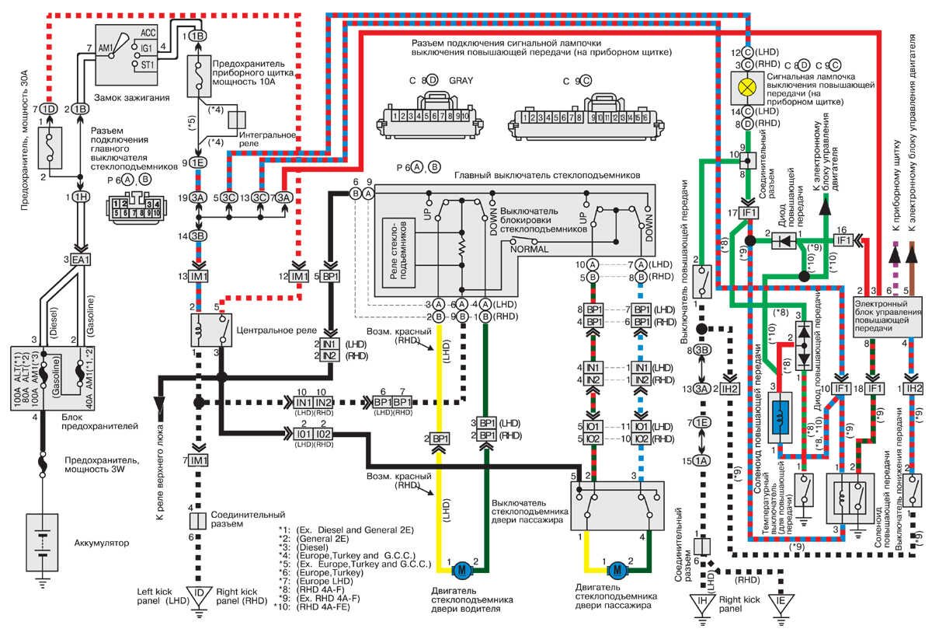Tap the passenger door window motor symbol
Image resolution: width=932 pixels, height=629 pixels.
pyautogui.click(x=617, y=568)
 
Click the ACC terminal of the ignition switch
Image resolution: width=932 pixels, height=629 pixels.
pyautogui.click(x=149, y=33)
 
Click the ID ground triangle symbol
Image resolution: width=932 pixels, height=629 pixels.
pyautogui.click(x=198, y=595)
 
